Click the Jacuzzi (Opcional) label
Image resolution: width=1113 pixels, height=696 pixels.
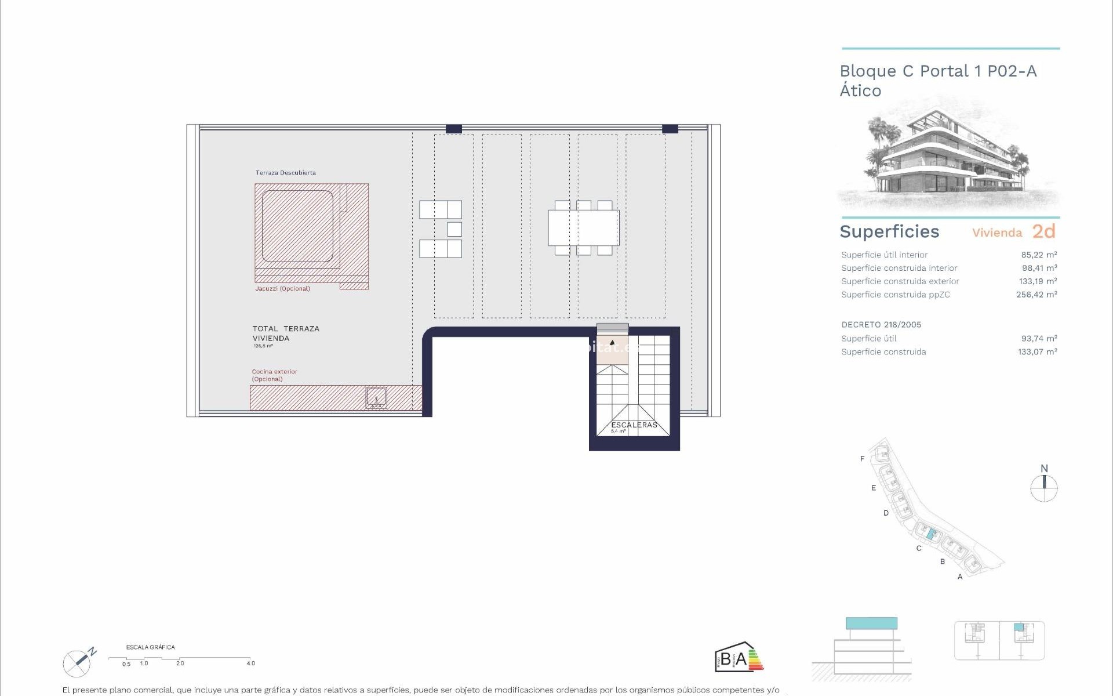click(282, 288)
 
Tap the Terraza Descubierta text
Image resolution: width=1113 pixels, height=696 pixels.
click(286, 173)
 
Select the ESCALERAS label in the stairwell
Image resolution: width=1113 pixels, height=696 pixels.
click(634, 425)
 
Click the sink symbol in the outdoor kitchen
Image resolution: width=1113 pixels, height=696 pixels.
click(376, 398)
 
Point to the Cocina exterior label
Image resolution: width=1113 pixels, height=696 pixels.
click(274, 372)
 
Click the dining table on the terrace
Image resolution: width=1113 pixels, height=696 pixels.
click(583, 228)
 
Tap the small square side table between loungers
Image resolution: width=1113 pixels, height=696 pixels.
click(454, 229)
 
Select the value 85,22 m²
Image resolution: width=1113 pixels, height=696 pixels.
click(1039, 255)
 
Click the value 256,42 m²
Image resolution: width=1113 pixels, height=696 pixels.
click(1036, 295)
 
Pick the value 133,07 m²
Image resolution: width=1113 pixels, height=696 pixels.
click(1037, 352)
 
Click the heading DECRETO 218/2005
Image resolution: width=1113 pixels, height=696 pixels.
click(881, 325)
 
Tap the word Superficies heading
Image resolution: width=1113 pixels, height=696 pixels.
click(889, 231)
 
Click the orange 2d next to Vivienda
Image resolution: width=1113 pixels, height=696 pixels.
click(1043, 231)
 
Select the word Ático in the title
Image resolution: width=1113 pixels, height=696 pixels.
click(860, 91)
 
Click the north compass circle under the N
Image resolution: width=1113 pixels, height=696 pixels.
click(1044, 488)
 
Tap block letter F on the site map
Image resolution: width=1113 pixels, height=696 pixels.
click(862, 459)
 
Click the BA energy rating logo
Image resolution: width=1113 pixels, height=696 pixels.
click(739, 658)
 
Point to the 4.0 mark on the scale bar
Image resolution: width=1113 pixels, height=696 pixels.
click(250, 663)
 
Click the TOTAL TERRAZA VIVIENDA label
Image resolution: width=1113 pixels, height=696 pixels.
click(286, 333)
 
